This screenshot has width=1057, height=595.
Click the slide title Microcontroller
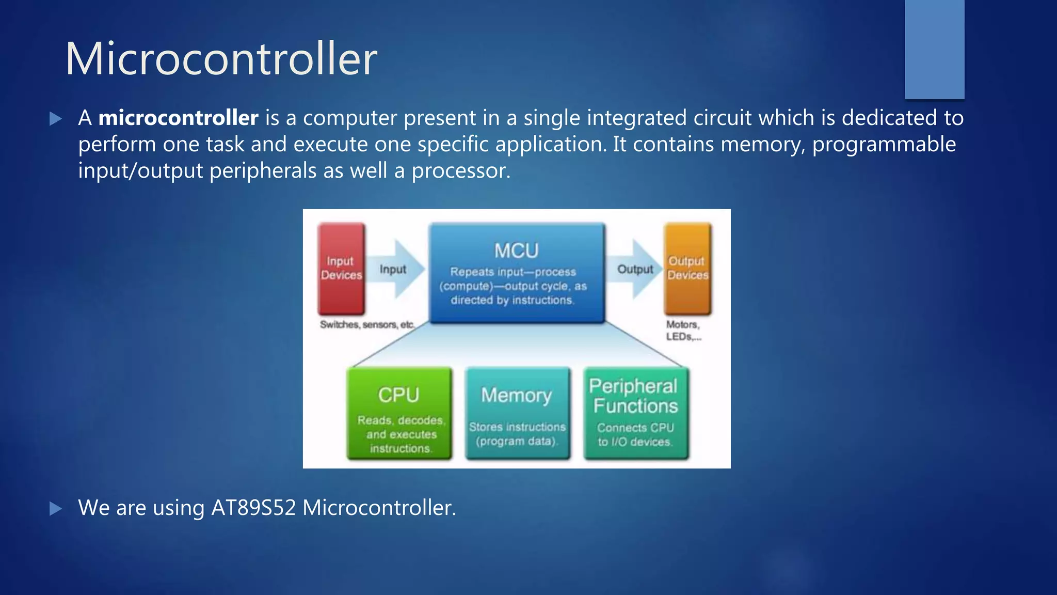[x=221, y=58]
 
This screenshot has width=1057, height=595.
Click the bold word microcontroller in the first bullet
[x=178, y=118]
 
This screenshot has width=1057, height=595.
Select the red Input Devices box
[x=341, y=269]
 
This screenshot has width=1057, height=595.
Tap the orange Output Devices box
[x=687, y=269]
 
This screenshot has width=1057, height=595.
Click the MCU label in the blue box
[x=516, y=251]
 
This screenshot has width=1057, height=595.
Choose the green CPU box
[x=399, y=413]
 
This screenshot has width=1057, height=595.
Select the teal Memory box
[x=517, y=413]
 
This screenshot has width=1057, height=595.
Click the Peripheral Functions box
[x=635, y=413]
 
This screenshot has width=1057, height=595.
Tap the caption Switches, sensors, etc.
[x=367, y=324]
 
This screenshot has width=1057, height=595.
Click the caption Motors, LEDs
[x=683, y=331]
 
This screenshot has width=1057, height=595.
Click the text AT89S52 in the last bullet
[x=253, y=508]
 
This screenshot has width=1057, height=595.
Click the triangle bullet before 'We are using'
[x=56, y=509]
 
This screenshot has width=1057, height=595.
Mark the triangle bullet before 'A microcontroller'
[x=56, y=119]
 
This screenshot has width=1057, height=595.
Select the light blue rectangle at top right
[x=934, y=49]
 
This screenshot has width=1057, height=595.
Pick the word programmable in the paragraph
[x=884, y=144]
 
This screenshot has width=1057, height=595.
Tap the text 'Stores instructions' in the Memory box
[x=517, y=427]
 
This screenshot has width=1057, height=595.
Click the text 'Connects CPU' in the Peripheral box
[x=635, y=428]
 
